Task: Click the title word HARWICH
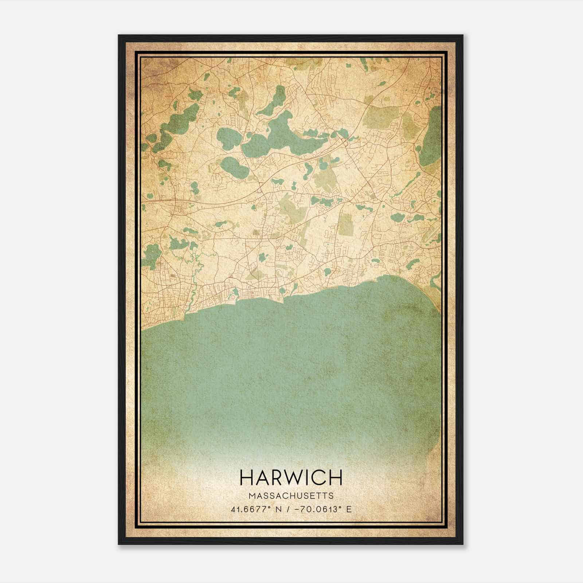[x=291, y=477]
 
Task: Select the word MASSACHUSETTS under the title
[x=291, y=496]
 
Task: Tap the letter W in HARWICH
[x=295, y=477]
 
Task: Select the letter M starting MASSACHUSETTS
[x=251, y=496]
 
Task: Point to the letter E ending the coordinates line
[x=349, y=509]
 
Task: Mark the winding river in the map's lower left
[x=193, y=281]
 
